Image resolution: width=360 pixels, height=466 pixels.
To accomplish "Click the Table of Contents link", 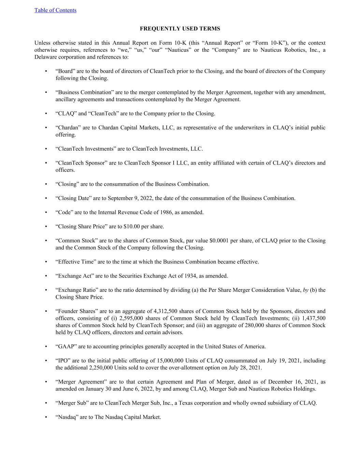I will click(x=55, y=10).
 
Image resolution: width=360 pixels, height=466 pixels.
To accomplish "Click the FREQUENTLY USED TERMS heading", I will click(x=180, y=29).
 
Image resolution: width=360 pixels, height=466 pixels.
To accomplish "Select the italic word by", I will click(x=305, y=290).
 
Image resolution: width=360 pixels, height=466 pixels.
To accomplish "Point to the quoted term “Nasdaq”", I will click(x=67, y=417).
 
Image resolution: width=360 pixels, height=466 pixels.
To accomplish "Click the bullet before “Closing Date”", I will click(x=46, y=198).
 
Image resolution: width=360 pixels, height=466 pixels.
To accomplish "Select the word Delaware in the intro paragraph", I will click(x=45, y=57).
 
